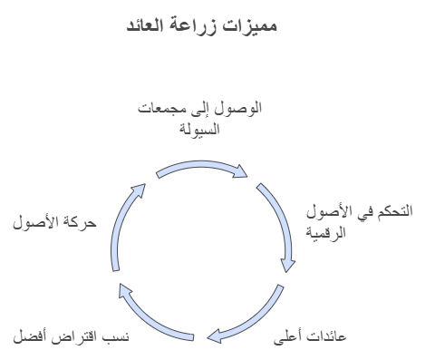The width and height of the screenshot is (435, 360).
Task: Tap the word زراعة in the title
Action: point(217,27)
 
